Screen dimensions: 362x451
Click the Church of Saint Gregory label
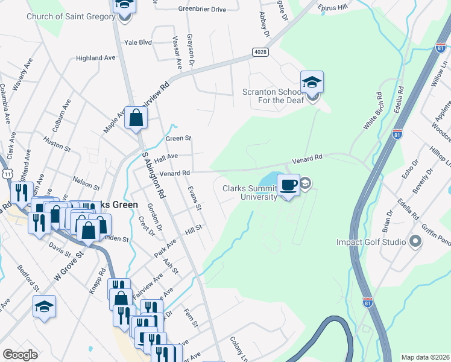click(71, 16)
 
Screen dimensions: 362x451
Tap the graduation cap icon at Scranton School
click(312, 82)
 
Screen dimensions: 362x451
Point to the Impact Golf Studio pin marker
click(415, 242)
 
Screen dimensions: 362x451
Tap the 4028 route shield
click(260, 53)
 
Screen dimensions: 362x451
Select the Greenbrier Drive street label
click(201, 9)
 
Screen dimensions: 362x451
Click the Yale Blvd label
click(138, 43)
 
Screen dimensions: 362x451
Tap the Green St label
click(178, 138)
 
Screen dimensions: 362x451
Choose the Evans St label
click(194, 198)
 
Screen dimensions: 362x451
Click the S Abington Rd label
click(154, 176)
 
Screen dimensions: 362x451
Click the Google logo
click(20, 355)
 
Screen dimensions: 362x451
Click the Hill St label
click(193, 229)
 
